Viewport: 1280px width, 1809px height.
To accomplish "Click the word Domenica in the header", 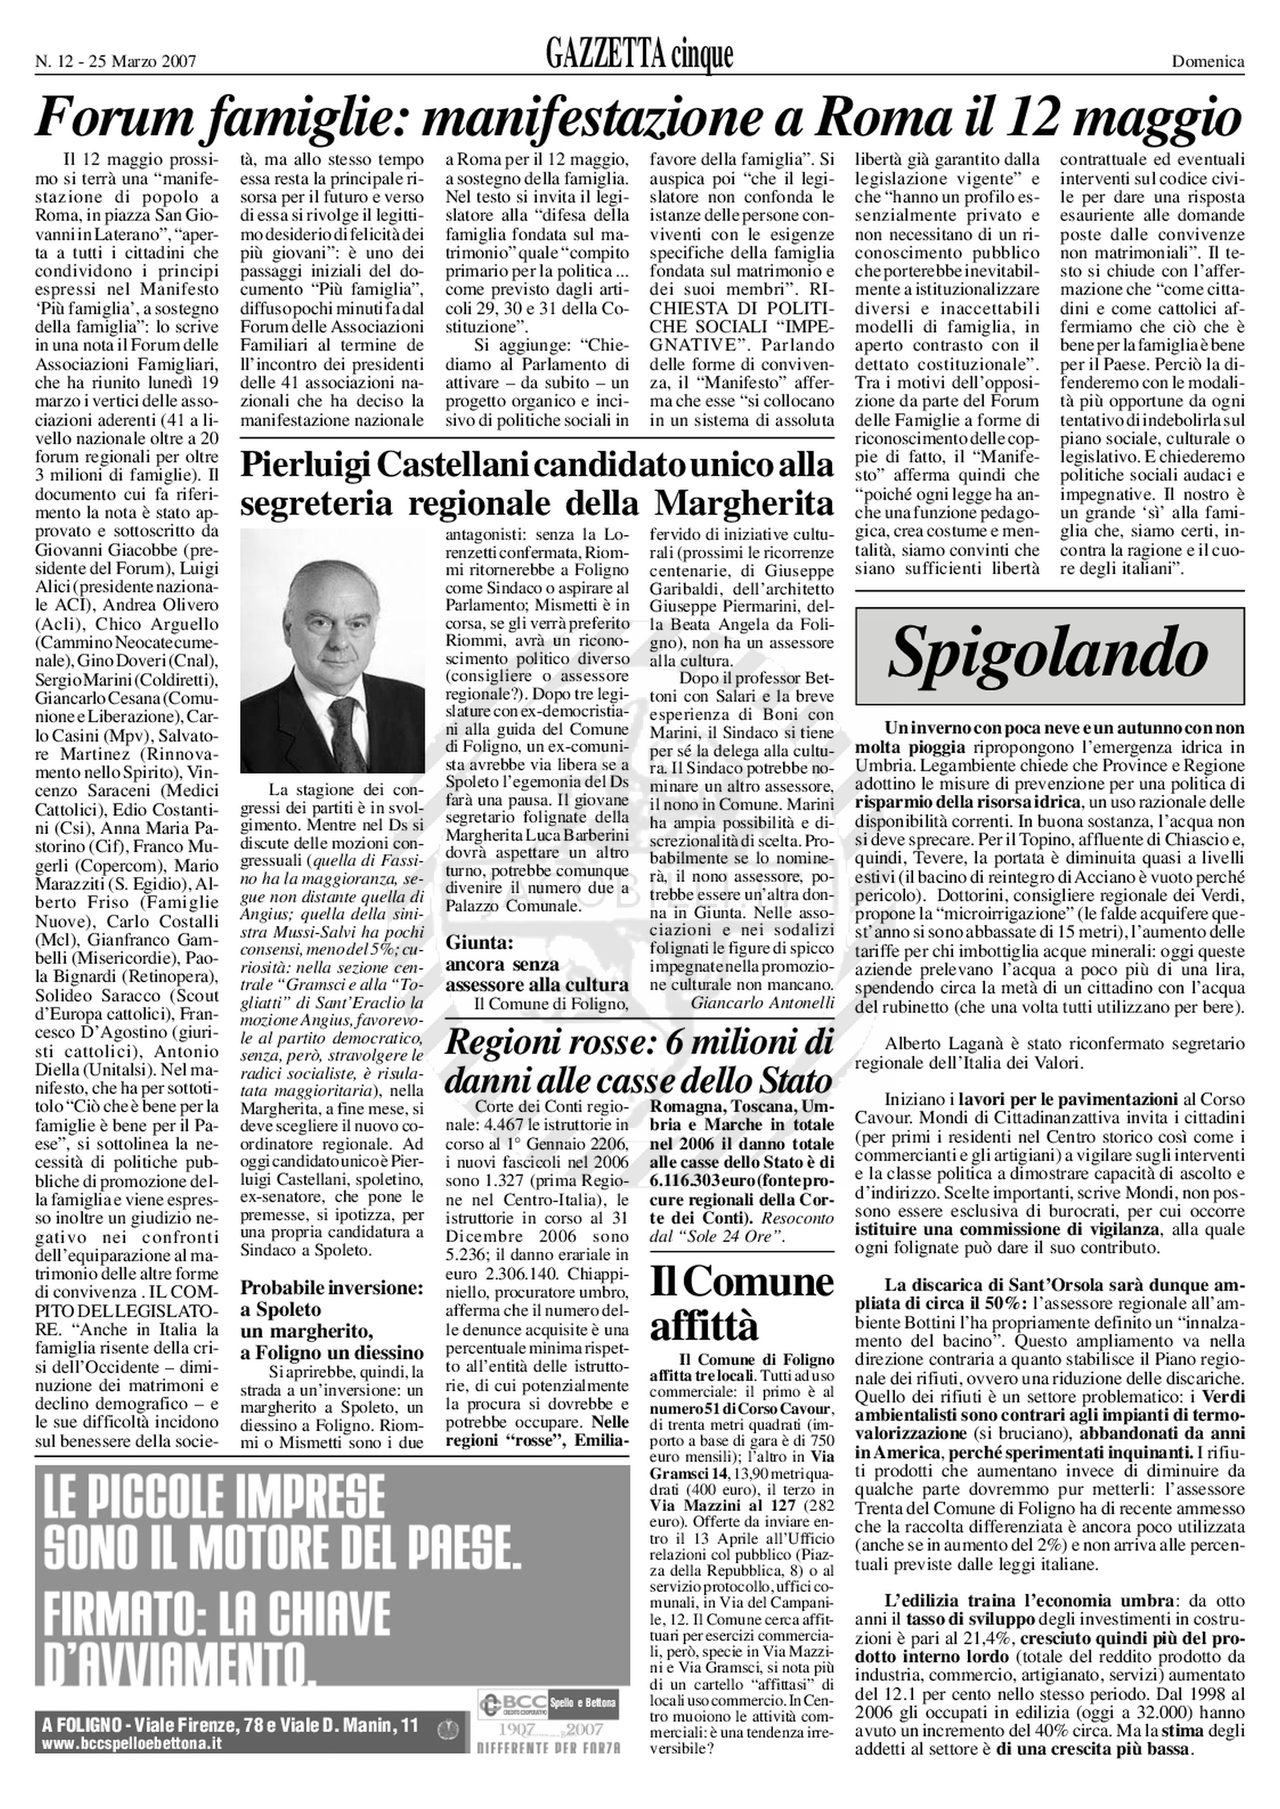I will click(1208, 61).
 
